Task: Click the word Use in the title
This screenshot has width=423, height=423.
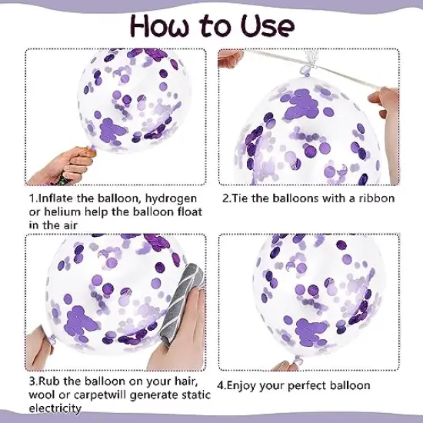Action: tap(267, 26)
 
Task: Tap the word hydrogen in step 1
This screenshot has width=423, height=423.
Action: tap(171, 199)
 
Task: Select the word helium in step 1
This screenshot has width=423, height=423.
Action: tap(62, 211)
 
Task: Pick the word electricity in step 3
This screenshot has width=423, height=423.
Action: tap(55, 408)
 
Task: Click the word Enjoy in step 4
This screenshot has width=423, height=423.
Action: tap(239, 386)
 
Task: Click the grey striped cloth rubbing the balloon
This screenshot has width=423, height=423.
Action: tap(181, 302)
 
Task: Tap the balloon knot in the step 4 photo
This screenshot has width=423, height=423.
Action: tap(298, 360)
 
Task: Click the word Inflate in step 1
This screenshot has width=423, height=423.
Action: tap(55, 198)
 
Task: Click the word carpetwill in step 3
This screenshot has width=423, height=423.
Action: tap(100, 395)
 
